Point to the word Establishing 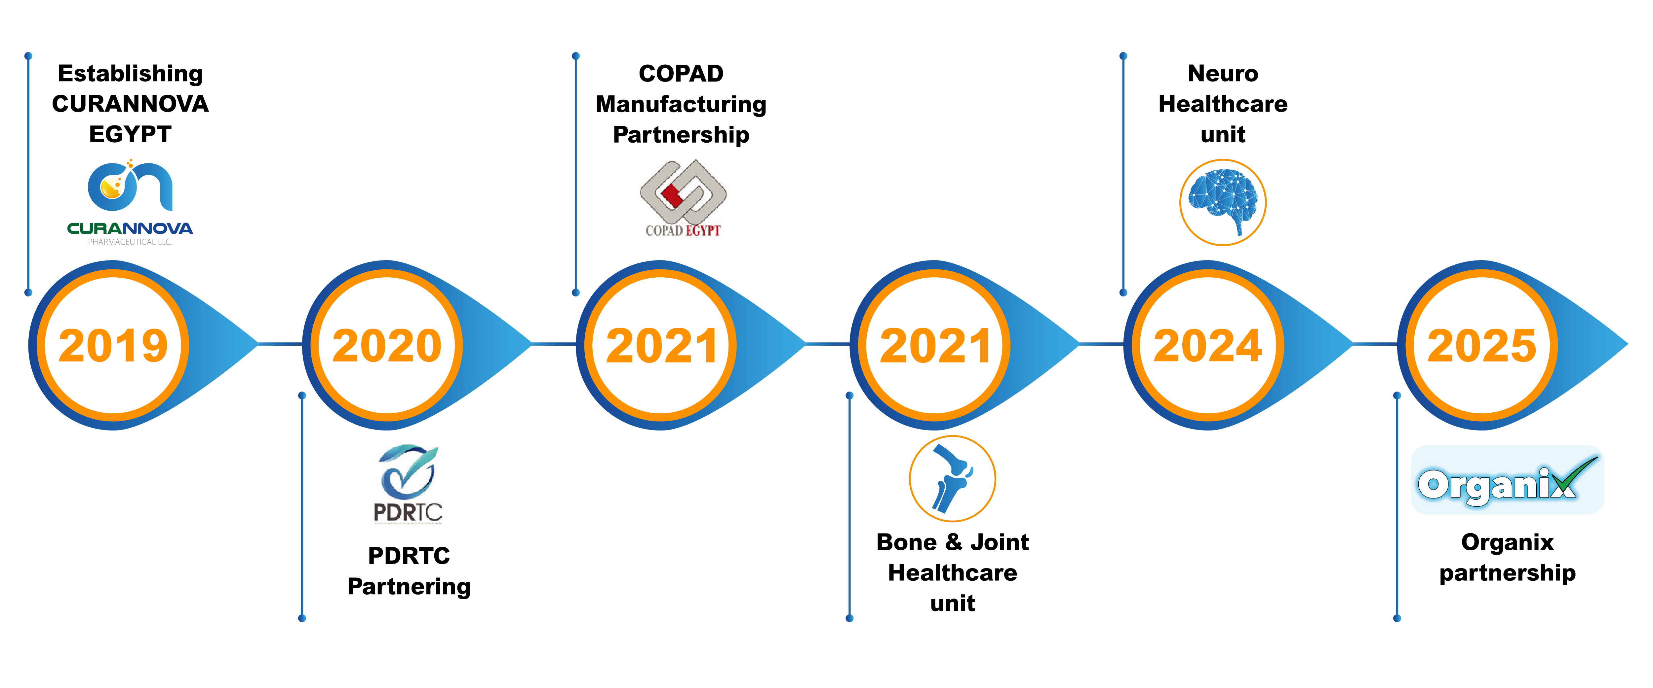(x=130, y=74)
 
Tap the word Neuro (x=1222, y=74)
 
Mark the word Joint (x=999, y=542)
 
